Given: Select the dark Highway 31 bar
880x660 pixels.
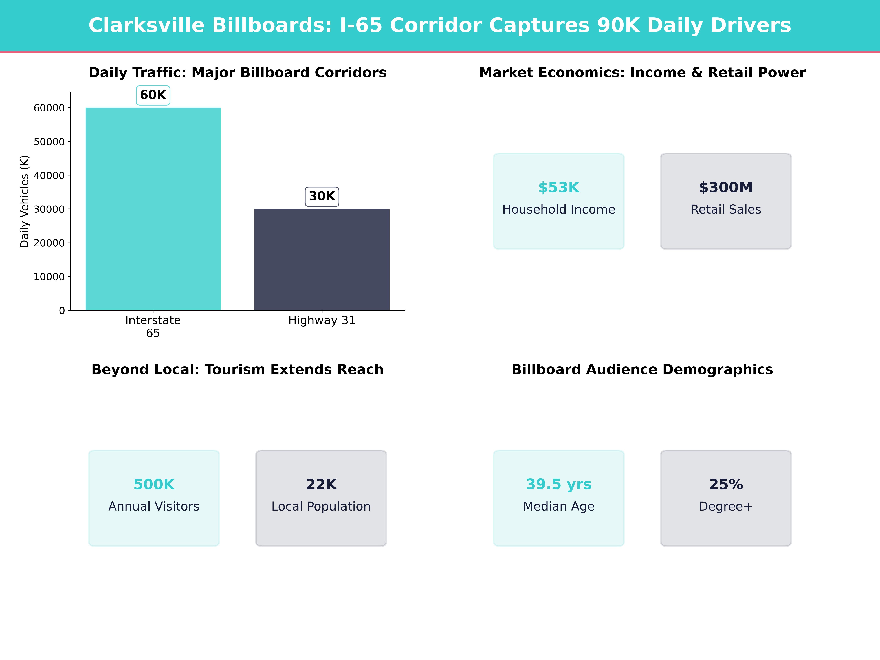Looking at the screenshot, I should [322, 259].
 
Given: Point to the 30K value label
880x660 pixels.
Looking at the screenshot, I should [322, 196].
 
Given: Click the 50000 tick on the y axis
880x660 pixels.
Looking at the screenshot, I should [49, 142].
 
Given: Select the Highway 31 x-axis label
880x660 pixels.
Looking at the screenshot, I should [322, 320].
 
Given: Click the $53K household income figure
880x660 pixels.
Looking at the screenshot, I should [559, 187].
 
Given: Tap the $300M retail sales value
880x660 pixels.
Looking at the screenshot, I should [726, 187].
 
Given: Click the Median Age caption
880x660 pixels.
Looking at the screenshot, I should [559, 506].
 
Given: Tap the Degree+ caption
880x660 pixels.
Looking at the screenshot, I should [726, 506].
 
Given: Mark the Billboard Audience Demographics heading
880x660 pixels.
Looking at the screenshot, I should [642, 370].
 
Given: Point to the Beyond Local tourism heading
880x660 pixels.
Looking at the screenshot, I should [237, 370].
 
